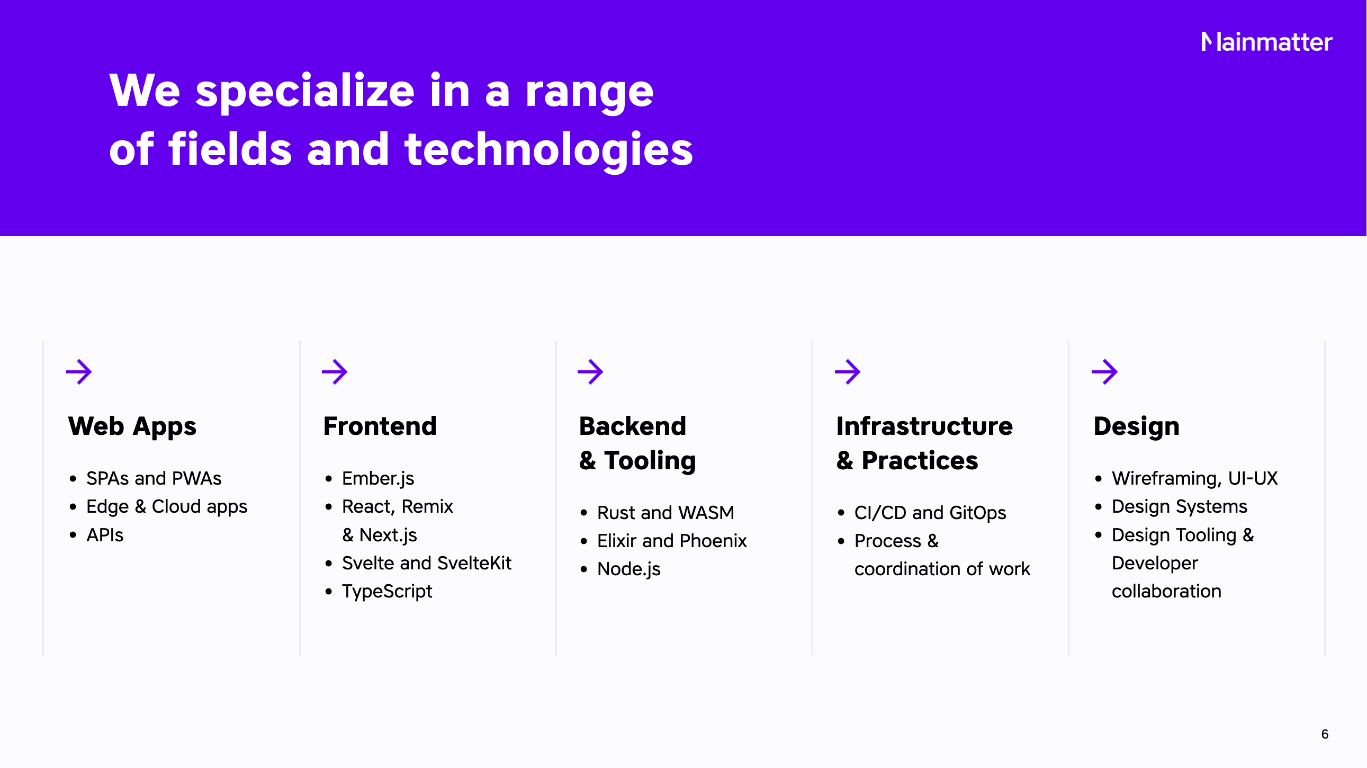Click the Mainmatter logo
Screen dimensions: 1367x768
pyautogui.click(x=1267, y=42)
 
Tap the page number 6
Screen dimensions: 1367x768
pyautogui.click(x=1325, y=734)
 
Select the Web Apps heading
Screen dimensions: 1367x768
pyautogui.click(x=132, y=427)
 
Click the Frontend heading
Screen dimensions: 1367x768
pyautogui.click(x=380, y=426)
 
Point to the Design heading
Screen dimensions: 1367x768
pyautogui.click(x=1137, y=427)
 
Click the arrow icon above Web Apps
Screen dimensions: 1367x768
pyautogui.click(x=79, y=371)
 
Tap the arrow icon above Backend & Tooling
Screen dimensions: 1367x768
pyautogui.click(x=591, y=371)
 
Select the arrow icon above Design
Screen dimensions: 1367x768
pyautogui.click(x=1105, y=371)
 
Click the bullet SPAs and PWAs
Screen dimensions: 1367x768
pyautogui.click(x=154, y=478)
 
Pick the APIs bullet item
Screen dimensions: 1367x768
pyautogui.click(x=105, y=535)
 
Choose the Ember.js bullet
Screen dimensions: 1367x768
pyautogui.click(x=378, y=479)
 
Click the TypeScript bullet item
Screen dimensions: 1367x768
pyautogui.click(x=387, y=592)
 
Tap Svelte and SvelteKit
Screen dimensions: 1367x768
pyautogui.click(x=427, y=563)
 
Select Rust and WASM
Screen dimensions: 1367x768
pyautogui.click(x=665, y=513)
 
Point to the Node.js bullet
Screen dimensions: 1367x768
pyautogui.click(x=629, y=569)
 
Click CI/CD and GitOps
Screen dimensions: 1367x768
pyautogui.click(x=930, y=513)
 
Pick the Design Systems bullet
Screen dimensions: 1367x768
pyautogui.click(x=1180, y=507)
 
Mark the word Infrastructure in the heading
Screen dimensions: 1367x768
pyautogui.click(x=924, y=426)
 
